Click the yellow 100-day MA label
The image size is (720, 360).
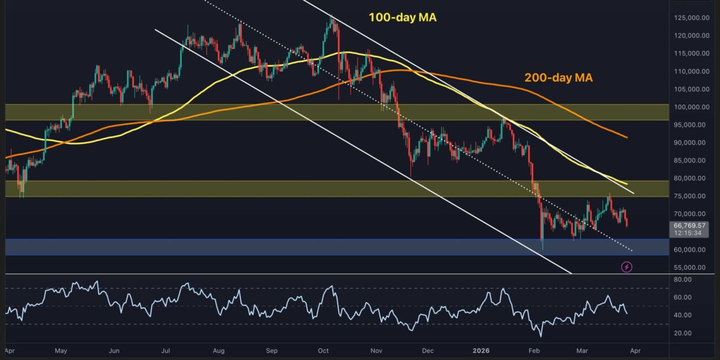click(x=402, y=18)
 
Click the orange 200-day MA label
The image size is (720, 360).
click(x=558, y=78)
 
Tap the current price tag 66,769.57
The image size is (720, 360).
click(x=689, y=225)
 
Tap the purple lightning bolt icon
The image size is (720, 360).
click(x=626, y=268)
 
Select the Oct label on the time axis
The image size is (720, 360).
click(x=323, y=351)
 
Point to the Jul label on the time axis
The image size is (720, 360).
click(x=166, y=351)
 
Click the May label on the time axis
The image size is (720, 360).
click(x=61, y=351)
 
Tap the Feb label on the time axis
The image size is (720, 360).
click(x=534, y=351)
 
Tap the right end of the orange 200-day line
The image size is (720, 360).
click(x=627, y=137)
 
